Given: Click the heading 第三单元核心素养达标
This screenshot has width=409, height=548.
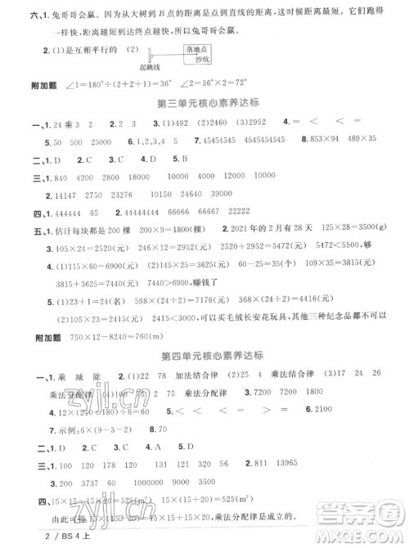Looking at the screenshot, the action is [204, 103].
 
